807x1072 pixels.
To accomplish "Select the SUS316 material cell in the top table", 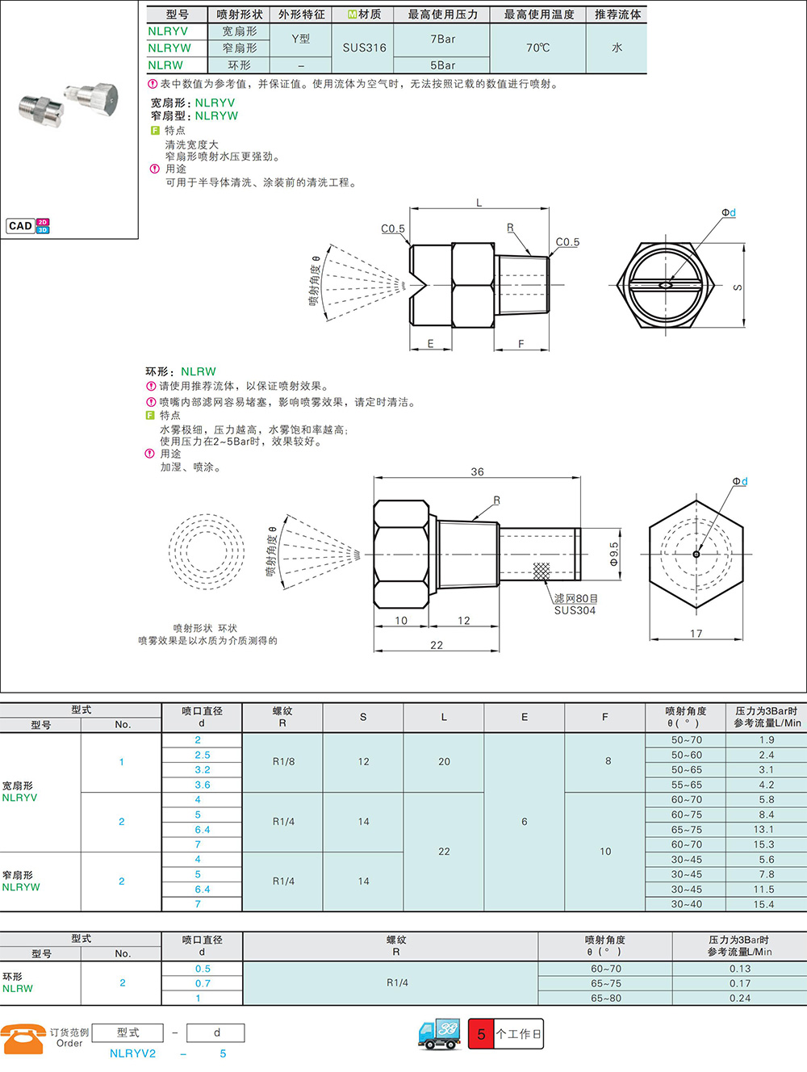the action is (x=364, y=48).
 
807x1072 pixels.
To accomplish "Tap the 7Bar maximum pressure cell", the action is (x=442, y=39).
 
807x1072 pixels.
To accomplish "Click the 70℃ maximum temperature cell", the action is (x=537, y=48).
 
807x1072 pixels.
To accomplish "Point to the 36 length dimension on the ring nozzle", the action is (x=477, y=471).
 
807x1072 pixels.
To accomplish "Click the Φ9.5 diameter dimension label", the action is (x=614, y=554).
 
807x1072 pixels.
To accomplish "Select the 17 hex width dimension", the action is (x=696, y=634).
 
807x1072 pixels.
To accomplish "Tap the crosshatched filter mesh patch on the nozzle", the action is (x=541, y=571).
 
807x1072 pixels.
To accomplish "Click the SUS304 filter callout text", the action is (x=575, y=610).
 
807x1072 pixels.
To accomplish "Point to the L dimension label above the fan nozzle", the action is (x=479, y=203).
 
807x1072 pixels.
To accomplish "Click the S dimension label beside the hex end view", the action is (x=738, y=287).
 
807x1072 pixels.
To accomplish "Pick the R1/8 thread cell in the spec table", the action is (x=283, y=761).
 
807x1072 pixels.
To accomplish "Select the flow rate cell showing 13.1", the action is (x=763, y=829).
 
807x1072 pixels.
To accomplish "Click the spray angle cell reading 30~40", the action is (x=686, y=904).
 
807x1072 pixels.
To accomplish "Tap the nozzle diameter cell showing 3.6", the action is (x=202, y=785).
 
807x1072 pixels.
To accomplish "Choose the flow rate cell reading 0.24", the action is (x=740, y=998).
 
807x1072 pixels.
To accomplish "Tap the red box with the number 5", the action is (x=481, y=1034).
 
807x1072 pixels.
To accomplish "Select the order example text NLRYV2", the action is (x=132, y=1053).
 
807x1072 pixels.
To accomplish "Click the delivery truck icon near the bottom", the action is (x=439, y=1033).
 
